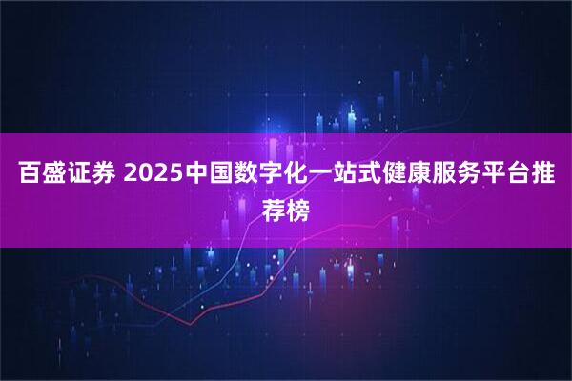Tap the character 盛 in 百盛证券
pos(52,176)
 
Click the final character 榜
pos(299,207)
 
